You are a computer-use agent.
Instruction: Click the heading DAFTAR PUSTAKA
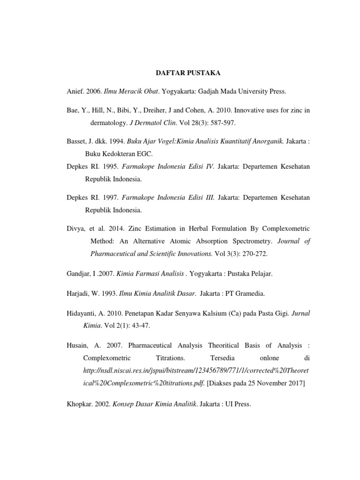click(180, 73)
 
